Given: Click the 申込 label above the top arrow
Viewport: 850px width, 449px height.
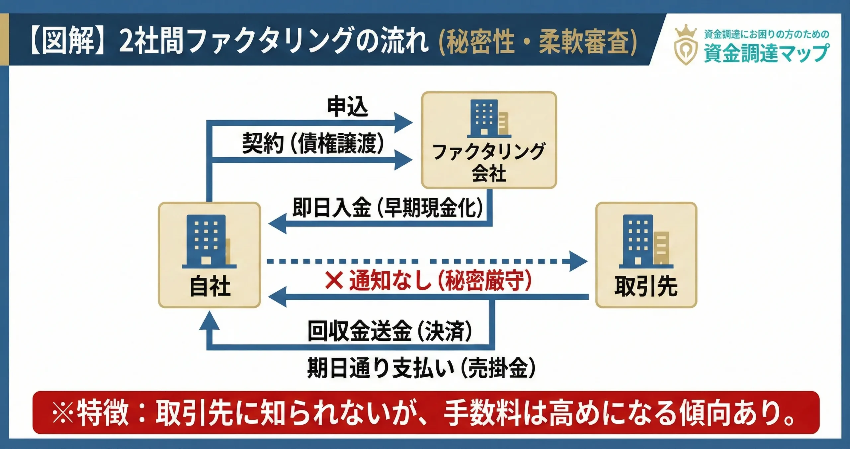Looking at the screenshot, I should click(x=347, y=107).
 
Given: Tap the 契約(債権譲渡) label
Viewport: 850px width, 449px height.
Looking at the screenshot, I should click(x=313, y=143).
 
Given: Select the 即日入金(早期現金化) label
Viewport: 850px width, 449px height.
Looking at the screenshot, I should click(x=387, y=208).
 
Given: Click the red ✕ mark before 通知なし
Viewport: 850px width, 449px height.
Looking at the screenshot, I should click(x=334, y=281).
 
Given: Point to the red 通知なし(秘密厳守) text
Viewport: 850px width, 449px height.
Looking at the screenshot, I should click(x=440, y=281).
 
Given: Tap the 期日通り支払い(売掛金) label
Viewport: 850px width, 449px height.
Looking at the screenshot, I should click(x=421, y=368).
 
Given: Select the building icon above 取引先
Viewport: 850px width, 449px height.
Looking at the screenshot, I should click(x=645, y=241).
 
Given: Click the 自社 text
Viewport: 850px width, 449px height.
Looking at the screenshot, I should click(x=210, y=286).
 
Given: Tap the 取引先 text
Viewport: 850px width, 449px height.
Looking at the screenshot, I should click(x=646, y=286).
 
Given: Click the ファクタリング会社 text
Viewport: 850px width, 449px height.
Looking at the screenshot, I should click(x=489, y=162).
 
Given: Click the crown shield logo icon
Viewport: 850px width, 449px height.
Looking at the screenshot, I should click(x=686, y=45).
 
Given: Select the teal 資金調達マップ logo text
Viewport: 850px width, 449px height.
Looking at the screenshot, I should click(x=766, y=53).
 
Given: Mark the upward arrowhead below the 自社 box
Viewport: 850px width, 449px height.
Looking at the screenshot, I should click(x=209, y=320).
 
